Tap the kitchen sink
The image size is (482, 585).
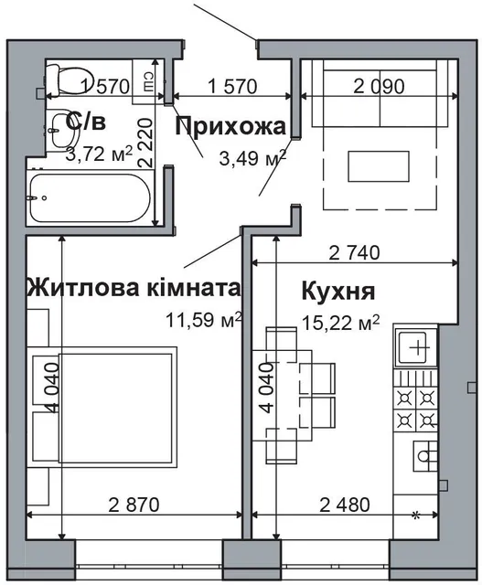click(417, 348)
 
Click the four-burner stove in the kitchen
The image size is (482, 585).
click(416, 407)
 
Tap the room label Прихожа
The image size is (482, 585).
click(230, 126)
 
